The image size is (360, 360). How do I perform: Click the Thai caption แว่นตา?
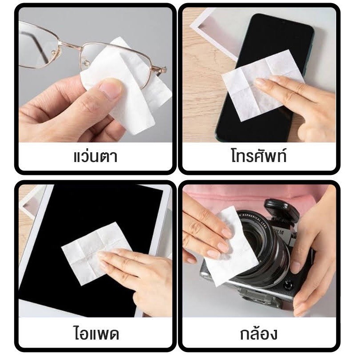95,156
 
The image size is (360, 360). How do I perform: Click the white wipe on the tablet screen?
96,253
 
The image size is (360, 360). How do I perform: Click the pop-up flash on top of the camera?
282,210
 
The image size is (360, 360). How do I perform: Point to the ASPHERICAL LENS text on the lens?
254,220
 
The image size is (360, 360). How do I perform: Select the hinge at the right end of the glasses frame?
162,69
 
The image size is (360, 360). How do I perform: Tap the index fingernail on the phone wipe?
260,82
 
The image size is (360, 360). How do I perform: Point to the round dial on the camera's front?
288,285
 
